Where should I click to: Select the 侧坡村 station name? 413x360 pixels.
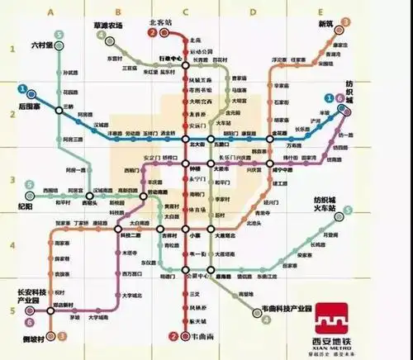pos(33,336)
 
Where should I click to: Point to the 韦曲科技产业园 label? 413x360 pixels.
pos(291,307)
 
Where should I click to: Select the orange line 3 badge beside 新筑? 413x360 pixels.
pos(345,21)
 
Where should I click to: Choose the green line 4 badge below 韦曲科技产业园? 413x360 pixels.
pos(266,319)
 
